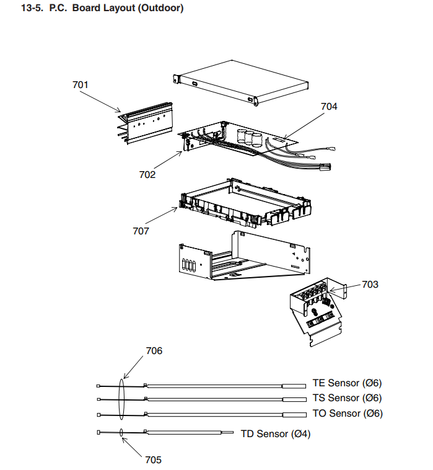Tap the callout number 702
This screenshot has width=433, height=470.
coord(147,175)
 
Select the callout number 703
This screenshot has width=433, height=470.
coord(370,285)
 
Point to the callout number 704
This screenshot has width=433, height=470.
coord(329,107)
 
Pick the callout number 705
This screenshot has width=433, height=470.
coord(153,459)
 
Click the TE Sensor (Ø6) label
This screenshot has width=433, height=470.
coord(348,383)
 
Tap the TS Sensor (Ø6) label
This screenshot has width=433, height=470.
coord(348,398)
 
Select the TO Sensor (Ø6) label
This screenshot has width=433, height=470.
coord(348,414)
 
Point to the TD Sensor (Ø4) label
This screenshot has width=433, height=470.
coord(275,434)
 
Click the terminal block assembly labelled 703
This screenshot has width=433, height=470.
coord(316,307)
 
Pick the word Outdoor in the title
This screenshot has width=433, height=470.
coord(162,9)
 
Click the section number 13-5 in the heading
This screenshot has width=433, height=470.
coord(33,9)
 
